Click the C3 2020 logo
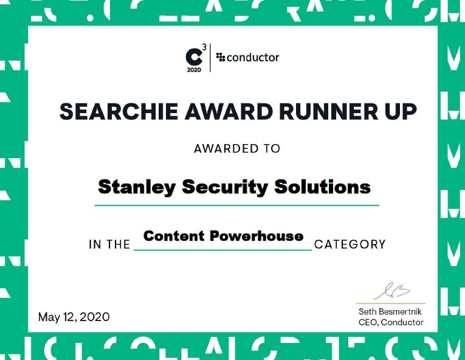195,58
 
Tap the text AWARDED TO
237,148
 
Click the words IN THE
110,244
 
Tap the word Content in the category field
174,236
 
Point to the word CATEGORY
350,244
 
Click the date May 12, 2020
74,317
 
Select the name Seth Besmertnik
391,311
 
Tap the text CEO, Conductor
391,322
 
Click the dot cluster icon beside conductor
221,58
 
